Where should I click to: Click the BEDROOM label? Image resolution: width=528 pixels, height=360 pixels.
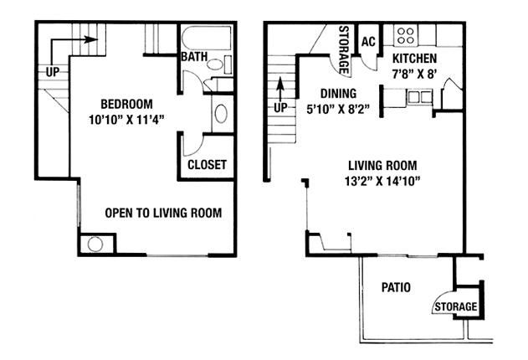tap(126, 104)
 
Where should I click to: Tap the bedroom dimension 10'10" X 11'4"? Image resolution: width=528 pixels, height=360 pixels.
tap(126, 120)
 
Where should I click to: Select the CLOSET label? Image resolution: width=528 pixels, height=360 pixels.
tap(207, 165)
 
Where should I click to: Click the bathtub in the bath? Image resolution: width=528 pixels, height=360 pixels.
tap(207, 38)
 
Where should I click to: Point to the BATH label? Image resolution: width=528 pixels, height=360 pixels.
tap(194, 57)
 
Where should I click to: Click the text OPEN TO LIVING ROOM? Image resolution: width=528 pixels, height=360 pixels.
tap(163, 213)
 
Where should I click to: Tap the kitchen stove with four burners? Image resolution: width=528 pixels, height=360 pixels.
tap(406, 36)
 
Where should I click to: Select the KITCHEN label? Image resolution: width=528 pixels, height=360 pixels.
tap(414, 59)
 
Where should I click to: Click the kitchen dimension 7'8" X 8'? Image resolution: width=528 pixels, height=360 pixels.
tap(414, 74)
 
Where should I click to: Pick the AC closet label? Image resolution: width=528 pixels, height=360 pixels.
tap(368, 41)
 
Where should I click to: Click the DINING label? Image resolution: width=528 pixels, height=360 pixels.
tap(338, 93)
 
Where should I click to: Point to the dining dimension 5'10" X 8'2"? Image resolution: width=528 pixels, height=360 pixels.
tap(338, 109)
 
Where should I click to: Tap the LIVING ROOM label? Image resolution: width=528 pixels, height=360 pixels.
tap(382, 166)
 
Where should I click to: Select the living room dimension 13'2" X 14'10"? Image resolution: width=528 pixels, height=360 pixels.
tap(382, 181)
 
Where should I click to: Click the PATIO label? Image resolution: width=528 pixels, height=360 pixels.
tap(396, 287)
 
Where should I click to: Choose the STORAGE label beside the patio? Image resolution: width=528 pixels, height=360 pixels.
tap(455, 306)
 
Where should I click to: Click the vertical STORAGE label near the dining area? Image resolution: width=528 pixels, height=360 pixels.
tap(343, 50)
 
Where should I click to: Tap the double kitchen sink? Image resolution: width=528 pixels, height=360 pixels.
tap(419, 96)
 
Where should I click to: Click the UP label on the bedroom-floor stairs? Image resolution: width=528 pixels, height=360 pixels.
tap(53, 72)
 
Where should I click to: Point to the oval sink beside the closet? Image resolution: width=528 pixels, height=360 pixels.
tap(221, 114)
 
